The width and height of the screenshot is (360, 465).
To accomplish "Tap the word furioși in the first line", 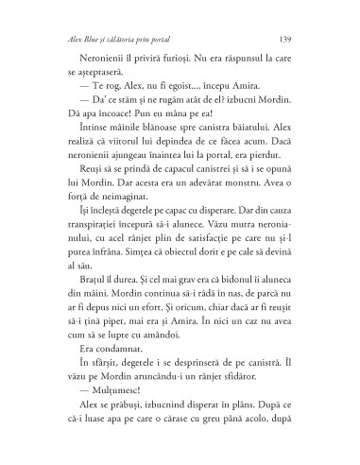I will [165, 69].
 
